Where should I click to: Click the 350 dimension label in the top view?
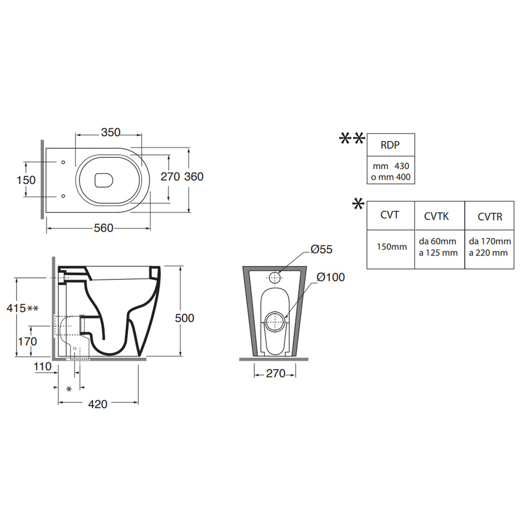(111, 133)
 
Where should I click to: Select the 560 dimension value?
(103, 228)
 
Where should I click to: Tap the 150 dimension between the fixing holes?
(26, 180)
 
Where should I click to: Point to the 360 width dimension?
(194, 177)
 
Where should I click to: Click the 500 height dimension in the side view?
(184, 318)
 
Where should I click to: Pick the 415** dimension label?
(23, 308)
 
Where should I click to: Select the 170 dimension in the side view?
(28, 341)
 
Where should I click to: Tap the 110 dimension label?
(42, 366)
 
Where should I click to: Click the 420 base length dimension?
(98, 404)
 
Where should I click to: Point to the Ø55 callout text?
(321, 249)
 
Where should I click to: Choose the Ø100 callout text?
(331, 277)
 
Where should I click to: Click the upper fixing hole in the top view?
(63, 162)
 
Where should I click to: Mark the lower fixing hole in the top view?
(63, 196)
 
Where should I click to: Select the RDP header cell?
(390, 145)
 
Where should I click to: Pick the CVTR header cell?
(489, 216)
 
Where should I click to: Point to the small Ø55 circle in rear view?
(275, 277)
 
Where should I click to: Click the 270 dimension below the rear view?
(276, 373)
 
